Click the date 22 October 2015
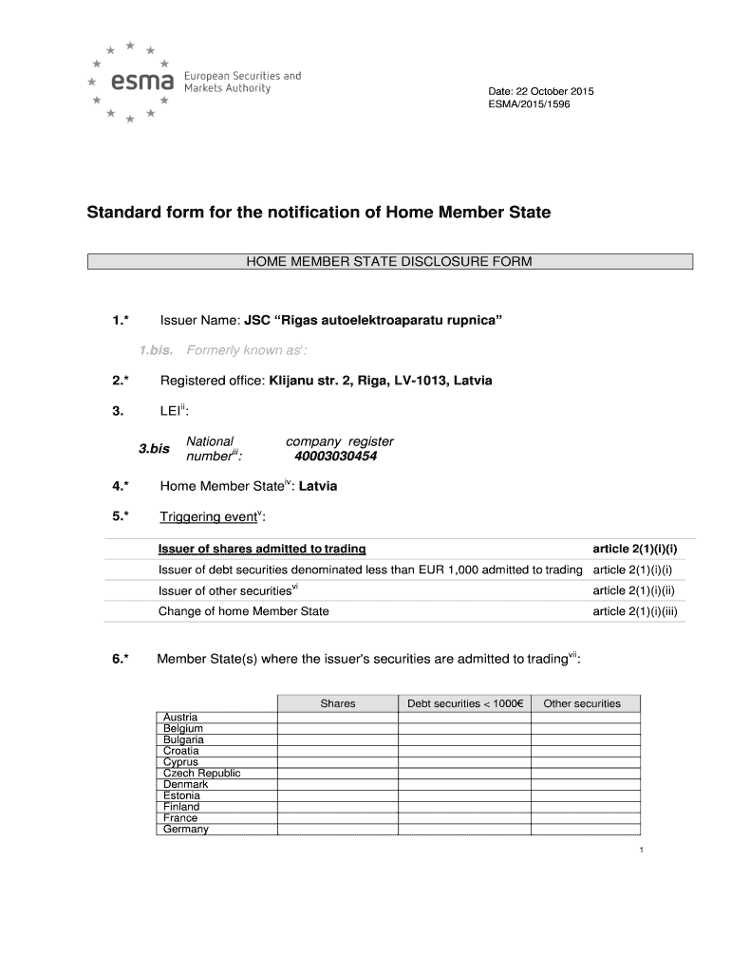click(x=540, y=91)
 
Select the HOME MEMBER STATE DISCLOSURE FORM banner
click(x=389, y=262)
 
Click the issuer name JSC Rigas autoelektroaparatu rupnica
click(x=373, y=321)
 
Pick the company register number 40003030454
click(x=336, y=456)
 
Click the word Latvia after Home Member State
click(x=318, y=487)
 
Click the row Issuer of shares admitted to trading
click(x=262, y=550)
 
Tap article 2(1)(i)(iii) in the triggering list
click(x=634, y=611)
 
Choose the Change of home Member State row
click(x=243, y=611)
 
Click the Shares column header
click(x=337, y=703)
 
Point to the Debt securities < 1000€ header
click(x=465, y=703)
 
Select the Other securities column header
click(x=582, y=703)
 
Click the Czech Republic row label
click(x=202, y=773)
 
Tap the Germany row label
click(x=185, y=829)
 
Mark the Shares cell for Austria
click(x=337, y=718)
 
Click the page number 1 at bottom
click(x=642, y=850)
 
